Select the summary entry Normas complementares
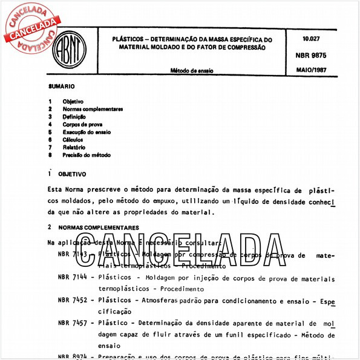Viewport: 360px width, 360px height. click(x=93, y=109)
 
